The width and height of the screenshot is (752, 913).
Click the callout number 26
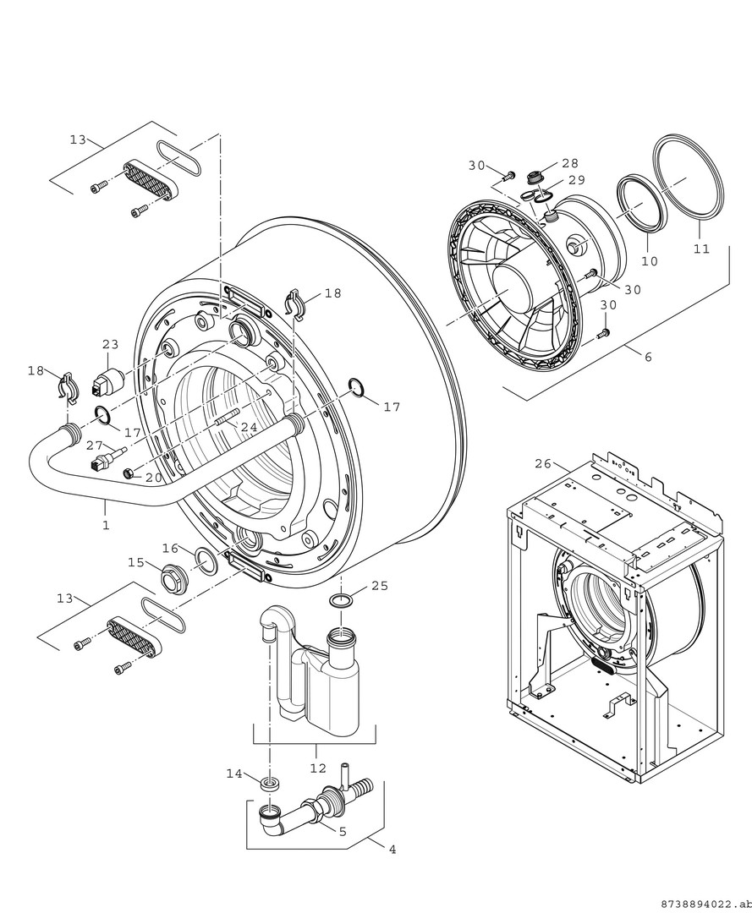(x=542, y=463)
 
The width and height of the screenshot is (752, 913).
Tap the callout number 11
(x=700, y=249)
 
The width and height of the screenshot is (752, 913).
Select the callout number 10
(x=649, y=261)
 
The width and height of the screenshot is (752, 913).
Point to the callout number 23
(x=111, y=345)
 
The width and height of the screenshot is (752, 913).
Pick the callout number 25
(x=380, y=585)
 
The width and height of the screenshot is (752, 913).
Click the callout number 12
(x=317, y=768)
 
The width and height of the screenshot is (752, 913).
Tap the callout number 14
(x=234, y=774)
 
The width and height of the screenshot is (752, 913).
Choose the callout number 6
(x=648, y=357)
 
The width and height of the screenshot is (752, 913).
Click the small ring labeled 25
(x=341, y=601)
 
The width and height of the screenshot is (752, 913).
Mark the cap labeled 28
(x=535, y=177)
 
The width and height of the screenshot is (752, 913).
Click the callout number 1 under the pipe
(x=106, y=525)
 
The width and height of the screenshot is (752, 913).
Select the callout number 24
(x=248, y=428)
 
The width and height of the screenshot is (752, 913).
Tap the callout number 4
(x=392, y=849)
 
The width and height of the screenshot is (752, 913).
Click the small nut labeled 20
(x=129, y=473)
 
